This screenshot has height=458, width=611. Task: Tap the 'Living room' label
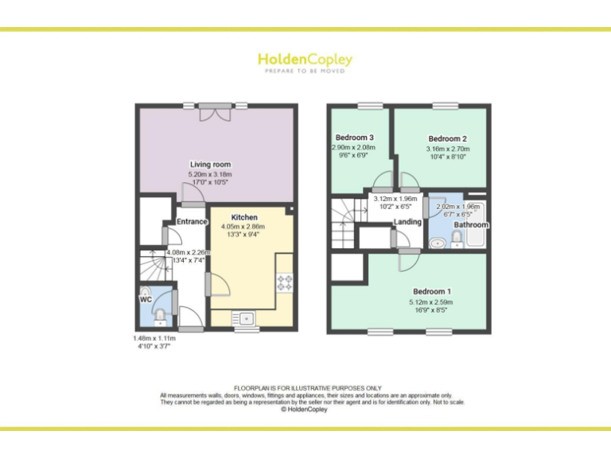coord(210,165)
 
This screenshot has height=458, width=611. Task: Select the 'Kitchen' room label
coord(244,217)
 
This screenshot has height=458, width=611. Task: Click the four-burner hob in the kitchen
coord(284,281)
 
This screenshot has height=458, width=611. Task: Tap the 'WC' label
coord(146,300)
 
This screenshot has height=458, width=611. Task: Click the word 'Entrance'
coord(192,222)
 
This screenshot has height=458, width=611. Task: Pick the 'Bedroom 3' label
coord(355,138)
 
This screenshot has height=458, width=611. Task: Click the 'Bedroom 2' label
coord(447,138)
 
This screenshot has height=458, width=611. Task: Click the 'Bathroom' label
coord(471,225)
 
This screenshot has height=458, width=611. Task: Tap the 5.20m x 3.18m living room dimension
coord(210,174)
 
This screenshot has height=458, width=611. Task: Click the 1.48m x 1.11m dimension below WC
coord(154,339)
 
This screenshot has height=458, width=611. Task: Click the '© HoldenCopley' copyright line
coord(305,409)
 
